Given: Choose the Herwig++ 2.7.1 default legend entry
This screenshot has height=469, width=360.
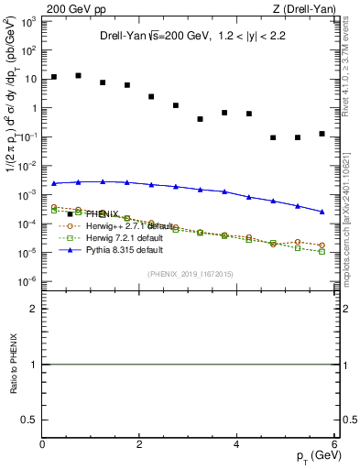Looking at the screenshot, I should [x=130, y=225].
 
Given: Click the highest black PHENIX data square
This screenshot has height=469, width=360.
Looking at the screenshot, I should [x=79, y=75].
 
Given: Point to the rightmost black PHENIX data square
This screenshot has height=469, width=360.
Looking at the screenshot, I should [x=322, y=134].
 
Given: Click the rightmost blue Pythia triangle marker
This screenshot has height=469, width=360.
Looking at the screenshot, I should [x=322, y=212].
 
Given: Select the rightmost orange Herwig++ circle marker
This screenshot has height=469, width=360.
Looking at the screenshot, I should [x=322, y=245].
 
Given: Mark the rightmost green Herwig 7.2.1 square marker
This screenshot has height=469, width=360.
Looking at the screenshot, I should [x=322, y=251].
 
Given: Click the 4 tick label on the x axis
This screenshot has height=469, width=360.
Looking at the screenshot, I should [x=237, y=443].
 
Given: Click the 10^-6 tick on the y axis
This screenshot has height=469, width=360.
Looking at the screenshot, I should [x=29, y=280].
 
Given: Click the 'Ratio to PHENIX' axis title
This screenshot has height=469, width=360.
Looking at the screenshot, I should [x=14, y=365].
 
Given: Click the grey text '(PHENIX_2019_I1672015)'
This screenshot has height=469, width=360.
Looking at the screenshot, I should [x=189, y=274].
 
